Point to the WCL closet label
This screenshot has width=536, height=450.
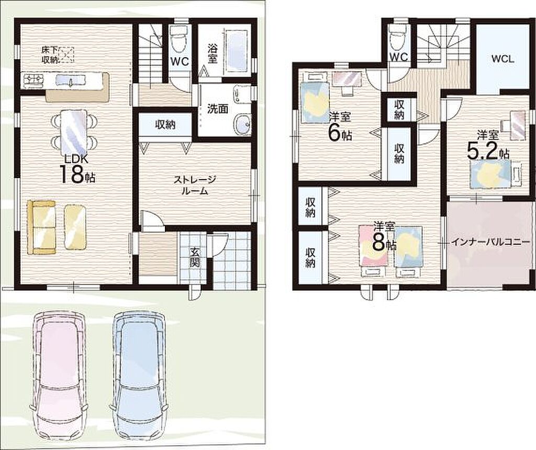[502, 59]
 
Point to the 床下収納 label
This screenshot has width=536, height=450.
[50, 55]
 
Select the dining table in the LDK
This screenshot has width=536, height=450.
[73, 131]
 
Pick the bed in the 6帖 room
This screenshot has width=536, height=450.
[315, 98]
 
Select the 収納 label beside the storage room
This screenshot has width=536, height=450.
[165, 125]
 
